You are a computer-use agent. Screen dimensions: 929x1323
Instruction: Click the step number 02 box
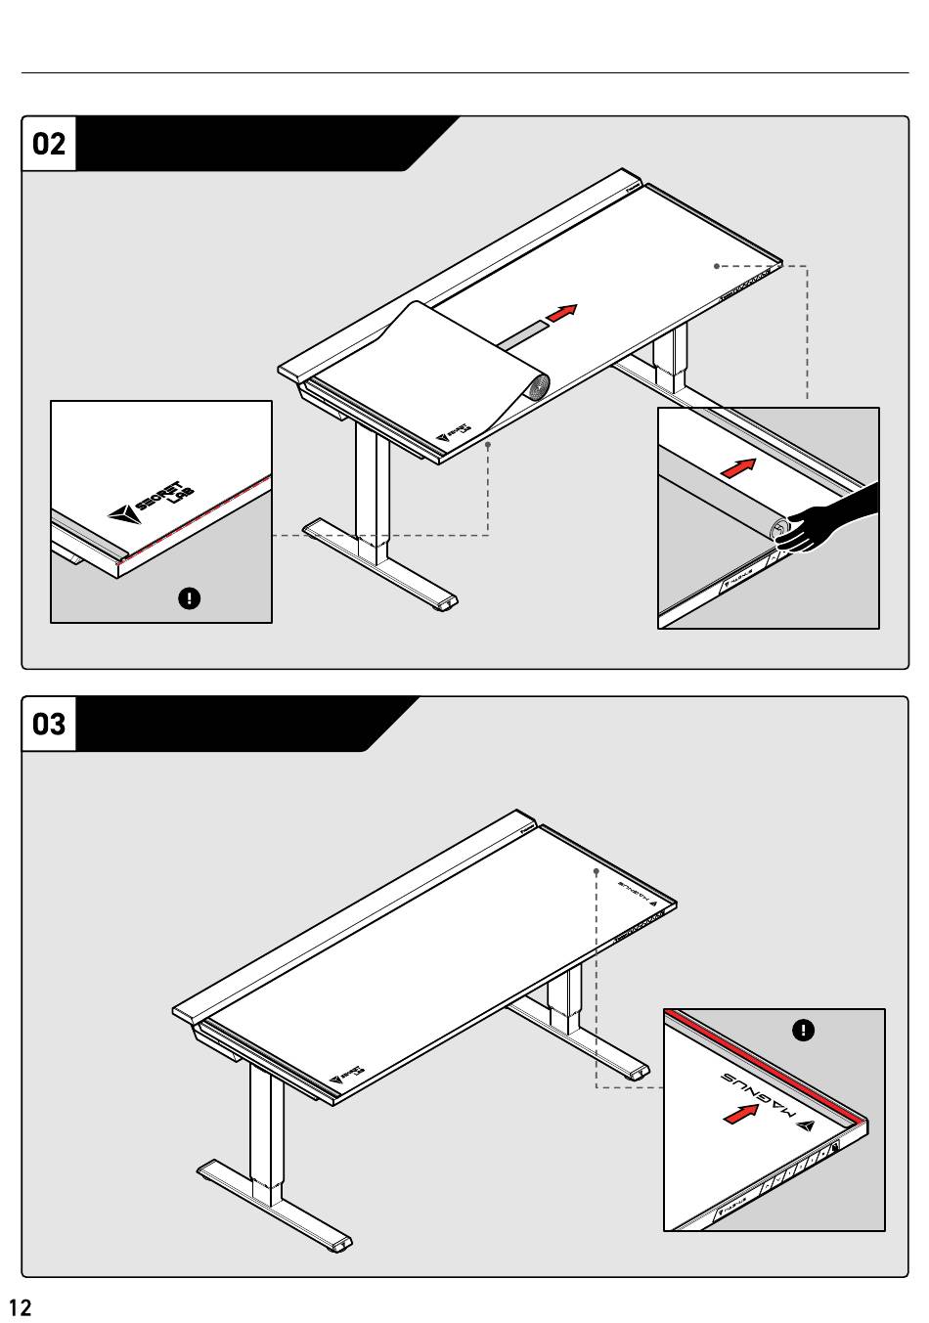pyautogui.click(x=49, y=144)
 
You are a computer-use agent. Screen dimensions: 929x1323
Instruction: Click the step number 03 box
pyautogui.click(x=49, y=724)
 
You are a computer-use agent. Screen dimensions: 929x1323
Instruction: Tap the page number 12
pyautogui.click(x=20, y=1307)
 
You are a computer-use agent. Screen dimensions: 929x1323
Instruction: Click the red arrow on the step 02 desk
pyautogui.click(x=561, y=313)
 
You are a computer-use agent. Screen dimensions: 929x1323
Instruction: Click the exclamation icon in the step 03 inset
pyautogui.click(x=803, y=1030)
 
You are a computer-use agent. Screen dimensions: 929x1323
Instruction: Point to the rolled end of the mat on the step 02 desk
pyautogui.click(x=536, y=388)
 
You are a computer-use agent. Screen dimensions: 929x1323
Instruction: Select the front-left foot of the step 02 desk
pyautogui.click(x=381, y=567)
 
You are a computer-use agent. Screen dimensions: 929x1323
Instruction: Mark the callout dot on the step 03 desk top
pyautogui.click(x=596, y=868)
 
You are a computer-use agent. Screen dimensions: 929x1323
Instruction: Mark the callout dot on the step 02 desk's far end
pyautogui.click(x=716, y=265)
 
